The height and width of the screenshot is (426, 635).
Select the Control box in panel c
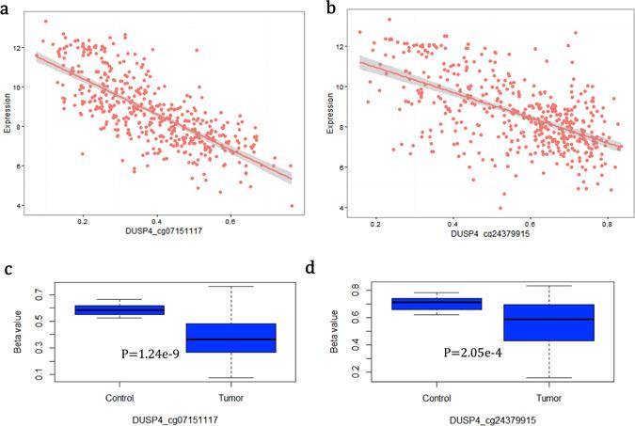[119, 309]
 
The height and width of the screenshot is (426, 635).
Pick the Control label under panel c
[119, 398]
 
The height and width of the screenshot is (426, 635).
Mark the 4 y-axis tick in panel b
[345, 207]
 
